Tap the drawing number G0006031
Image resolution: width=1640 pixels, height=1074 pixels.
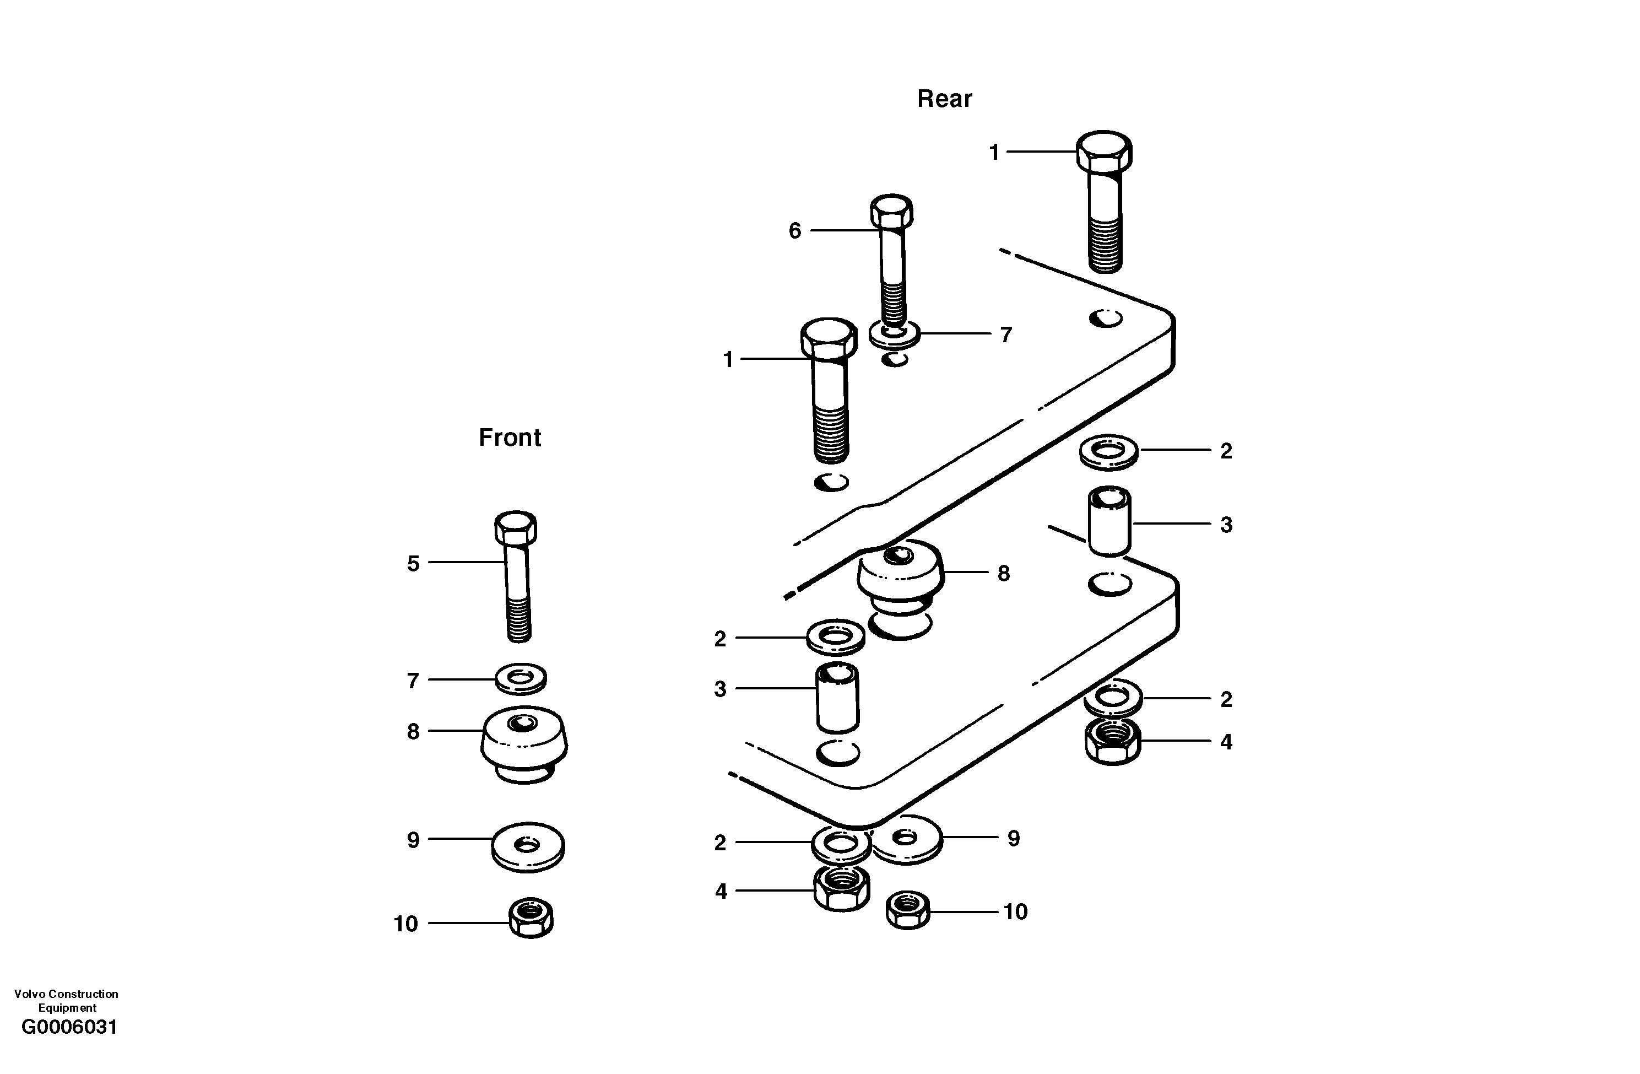point(69,1027)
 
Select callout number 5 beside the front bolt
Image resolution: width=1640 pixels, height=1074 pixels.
point(413,564)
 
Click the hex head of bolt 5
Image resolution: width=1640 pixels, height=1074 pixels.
point(516,527)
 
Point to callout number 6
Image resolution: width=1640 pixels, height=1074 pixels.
point(794,230)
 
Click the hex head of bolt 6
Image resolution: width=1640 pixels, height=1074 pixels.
point(892,211)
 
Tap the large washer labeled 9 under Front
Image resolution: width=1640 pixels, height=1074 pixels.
point(528,846)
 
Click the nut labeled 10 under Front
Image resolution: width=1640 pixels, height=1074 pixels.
point(531,918)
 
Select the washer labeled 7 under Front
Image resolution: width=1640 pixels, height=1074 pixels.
point(521,678)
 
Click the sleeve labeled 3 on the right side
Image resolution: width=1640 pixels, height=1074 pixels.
point(1109,522)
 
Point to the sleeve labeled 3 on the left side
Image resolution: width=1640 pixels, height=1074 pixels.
point(837,697)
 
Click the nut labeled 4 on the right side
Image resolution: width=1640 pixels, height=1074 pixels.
point(1112,741)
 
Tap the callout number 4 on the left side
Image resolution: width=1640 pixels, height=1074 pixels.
point(721,891)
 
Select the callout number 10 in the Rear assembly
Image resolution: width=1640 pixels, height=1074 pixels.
point(1015,912)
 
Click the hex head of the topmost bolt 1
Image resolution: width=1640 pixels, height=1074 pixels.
point(1104,151)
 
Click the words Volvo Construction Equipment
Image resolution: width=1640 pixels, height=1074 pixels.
point(66,1000)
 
